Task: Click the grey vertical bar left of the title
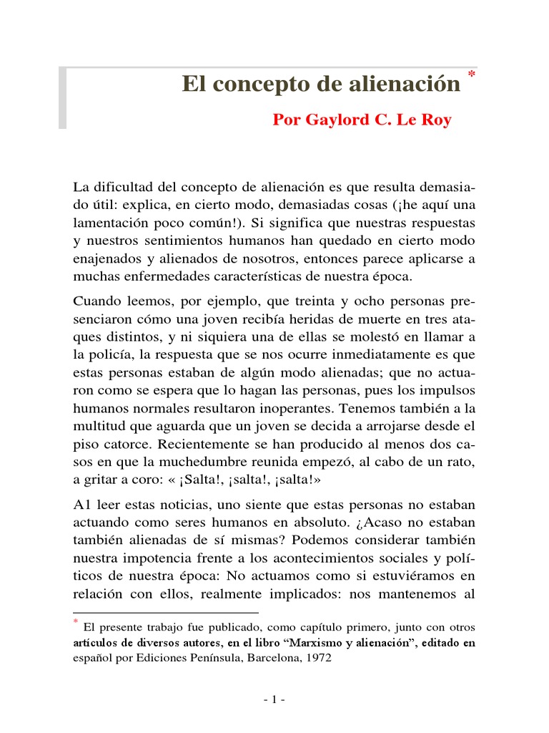point(62,99)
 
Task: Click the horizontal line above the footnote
point(166,613)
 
